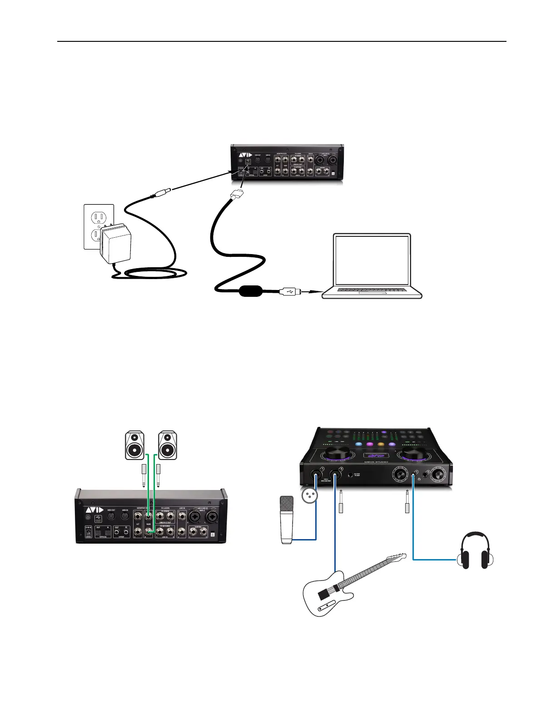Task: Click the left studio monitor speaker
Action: [134, 445]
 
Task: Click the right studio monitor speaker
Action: [167, 445]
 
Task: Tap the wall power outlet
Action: [98, 226]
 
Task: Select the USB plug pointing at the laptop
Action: [290, 291]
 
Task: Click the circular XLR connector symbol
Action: [311, 496]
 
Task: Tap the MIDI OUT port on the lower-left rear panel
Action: [110, 517]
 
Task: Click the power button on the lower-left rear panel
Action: [88, 517]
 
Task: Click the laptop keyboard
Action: [372, 290]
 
